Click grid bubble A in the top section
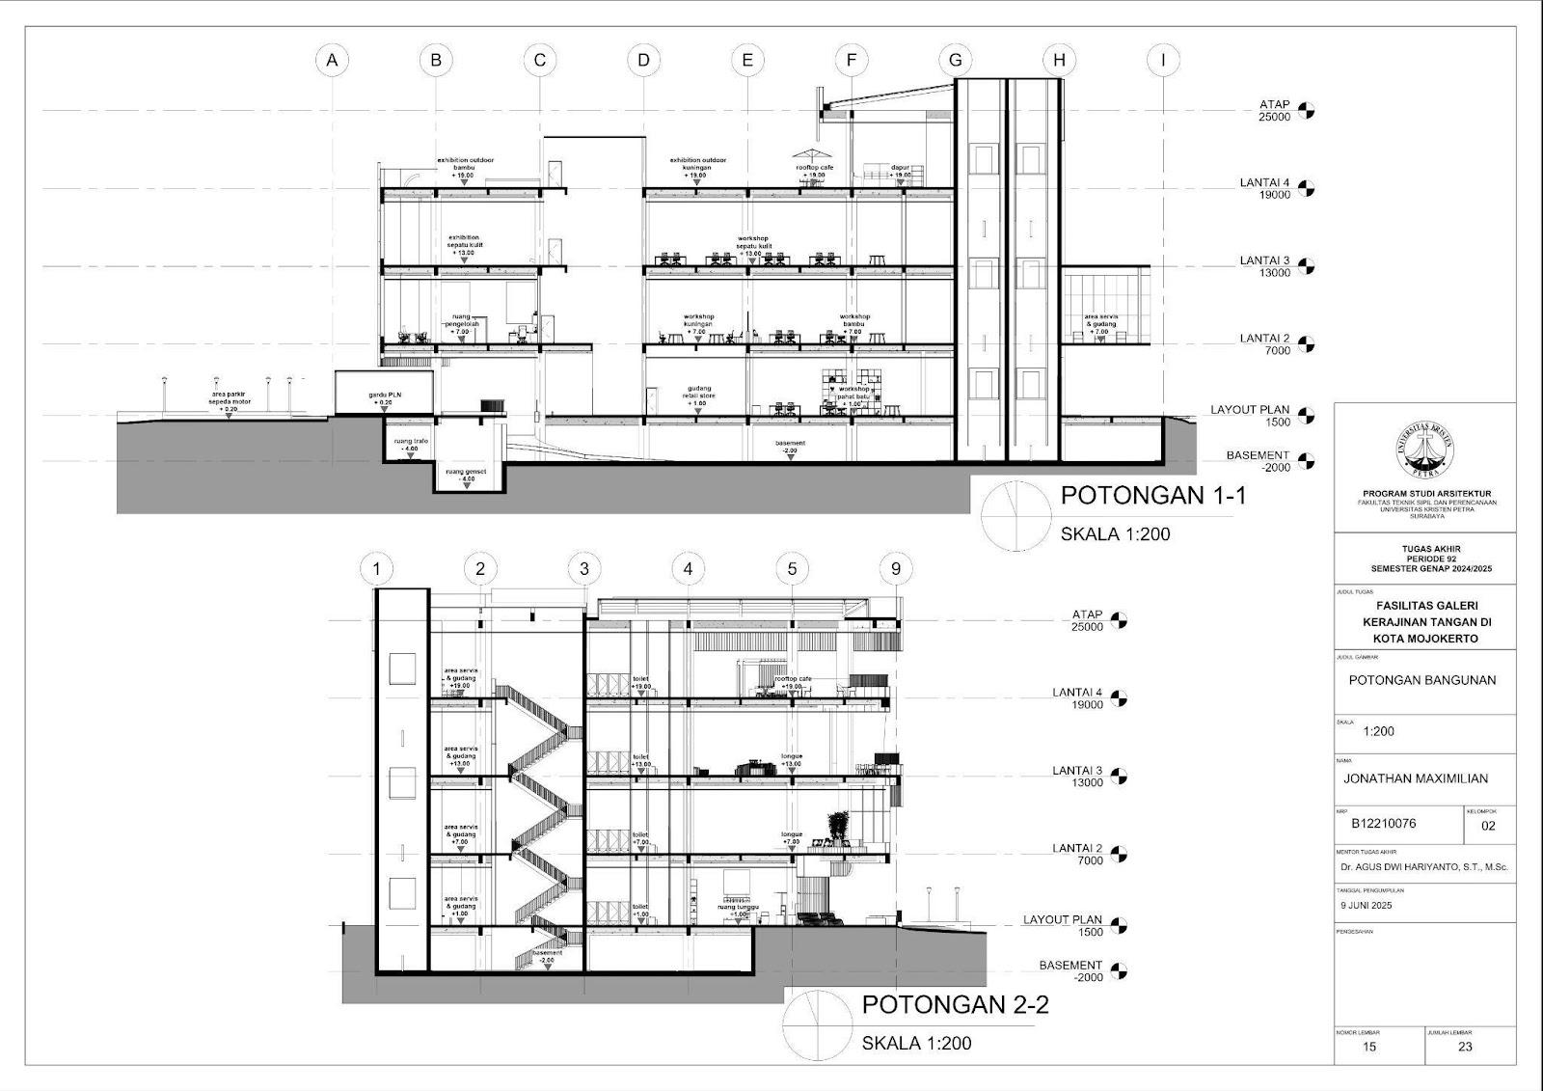tap(332, 60)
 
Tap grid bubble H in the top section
tap(1059, 60)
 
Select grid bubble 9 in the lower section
tap(896, 569)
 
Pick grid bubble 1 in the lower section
tap(376, 569)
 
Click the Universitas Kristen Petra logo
tap(1425, 450)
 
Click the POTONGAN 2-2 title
tap(955, 1004)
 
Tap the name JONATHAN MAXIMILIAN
tap(1416, 778)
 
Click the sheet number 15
tap(1369, 1047)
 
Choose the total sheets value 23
tap(1465, 1047)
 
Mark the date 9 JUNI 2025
tap(1366, 906)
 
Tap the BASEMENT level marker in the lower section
tap(1119, 970)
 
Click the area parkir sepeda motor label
tap(229, 399)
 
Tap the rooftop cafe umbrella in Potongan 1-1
tap(809, 153)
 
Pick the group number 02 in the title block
tap(1488, 826)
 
